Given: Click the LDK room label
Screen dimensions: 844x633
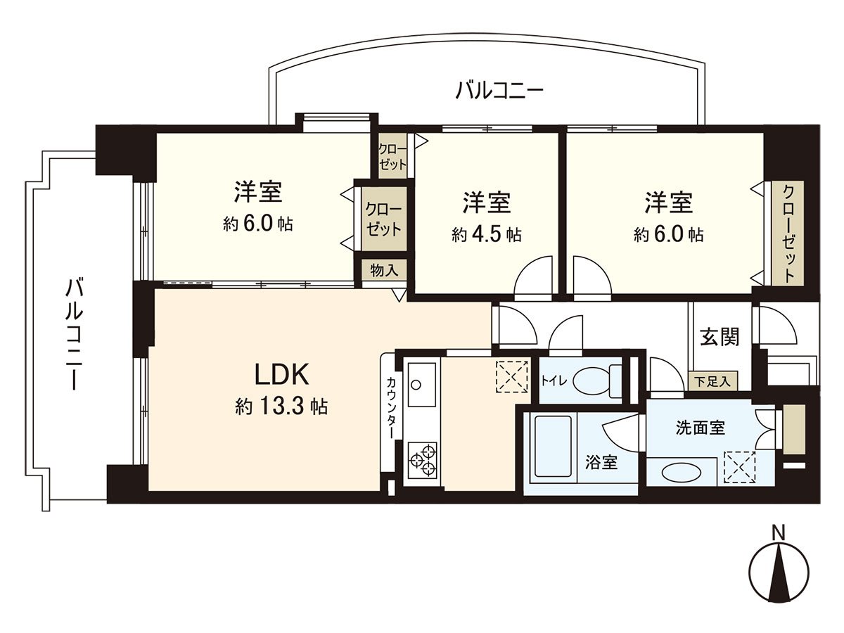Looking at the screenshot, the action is click(x=282, y=375).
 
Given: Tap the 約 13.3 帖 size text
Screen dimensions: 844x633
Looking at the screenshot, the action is click(x=281, y=407).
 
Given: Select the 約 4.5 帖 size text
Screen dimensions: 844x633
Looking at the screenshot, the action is click(x=487, y=234).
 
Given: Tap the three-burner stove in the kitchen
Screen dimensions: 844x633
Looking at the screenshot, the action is click(x=423, y=460).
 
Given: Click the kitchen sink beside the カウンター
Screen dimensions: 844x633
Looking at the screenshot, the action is click(x=422, y=384).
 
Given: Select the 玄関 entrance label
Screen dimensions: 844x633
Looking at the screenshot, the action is click(x=720, y=336).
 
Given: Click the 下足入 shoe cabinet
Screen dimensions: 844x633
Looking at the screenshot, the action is click(x=712, y=381).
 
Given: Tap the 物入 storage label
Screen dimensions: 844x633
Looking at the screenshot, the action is click(x=384, y=270).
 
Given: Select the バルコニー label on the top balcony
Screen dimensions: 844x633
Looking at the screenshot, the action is click(x=499, y=91).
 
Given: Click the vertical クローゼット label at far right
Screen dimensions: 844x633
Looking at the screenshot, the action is click(x=788, y=234).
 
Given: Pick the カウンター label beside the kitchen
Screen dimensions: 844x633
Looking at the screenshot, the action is click(x=391, y=408).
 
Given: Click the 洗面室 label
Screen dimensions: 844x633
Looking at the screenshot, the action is click(x=701, y=428).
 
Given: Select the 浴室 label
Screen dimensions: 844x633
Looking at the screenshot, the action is click(x=601, y=462).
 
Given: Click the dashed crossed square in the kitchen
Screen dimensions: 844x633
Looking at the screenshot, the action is click(x=513, y=376).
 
